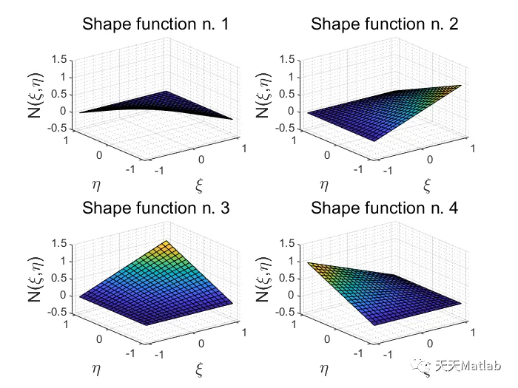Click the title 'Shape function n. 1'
155,24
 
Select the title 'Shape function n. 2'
384,24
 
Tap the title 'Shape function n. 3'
155,208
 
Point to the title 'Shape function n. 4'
384,208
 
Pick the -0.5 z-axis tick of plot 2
287,129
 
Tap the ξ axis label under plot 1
200,183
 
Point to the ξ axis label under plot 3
200,367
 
